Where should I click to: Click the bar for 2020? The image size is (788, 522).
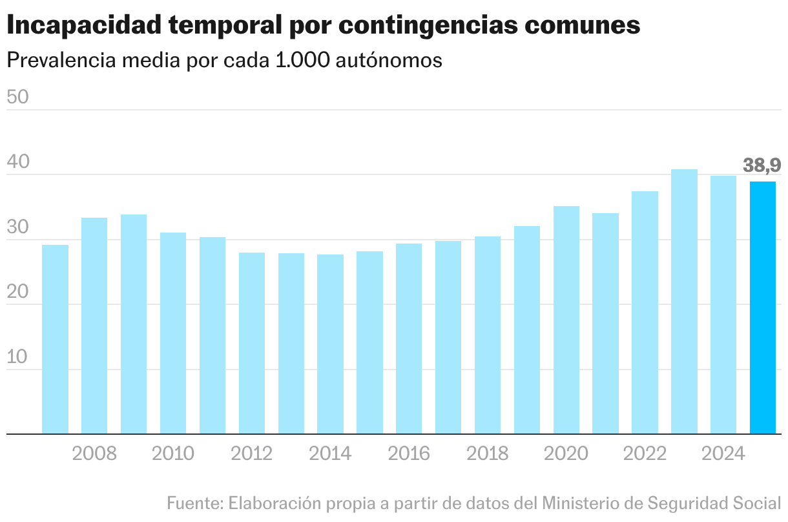566,320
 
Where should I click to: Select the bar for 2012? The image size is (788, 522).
252,343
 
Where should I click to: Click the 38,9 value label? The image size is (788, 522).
762,165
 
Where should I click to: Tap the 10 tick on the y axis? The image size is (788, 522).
18,357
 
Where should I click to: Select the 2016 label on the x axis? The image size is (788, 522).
409,454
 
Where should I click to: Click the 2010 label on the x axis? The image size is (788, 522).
173,454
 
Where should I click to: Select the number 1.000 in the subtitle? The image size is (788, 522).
298,59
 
